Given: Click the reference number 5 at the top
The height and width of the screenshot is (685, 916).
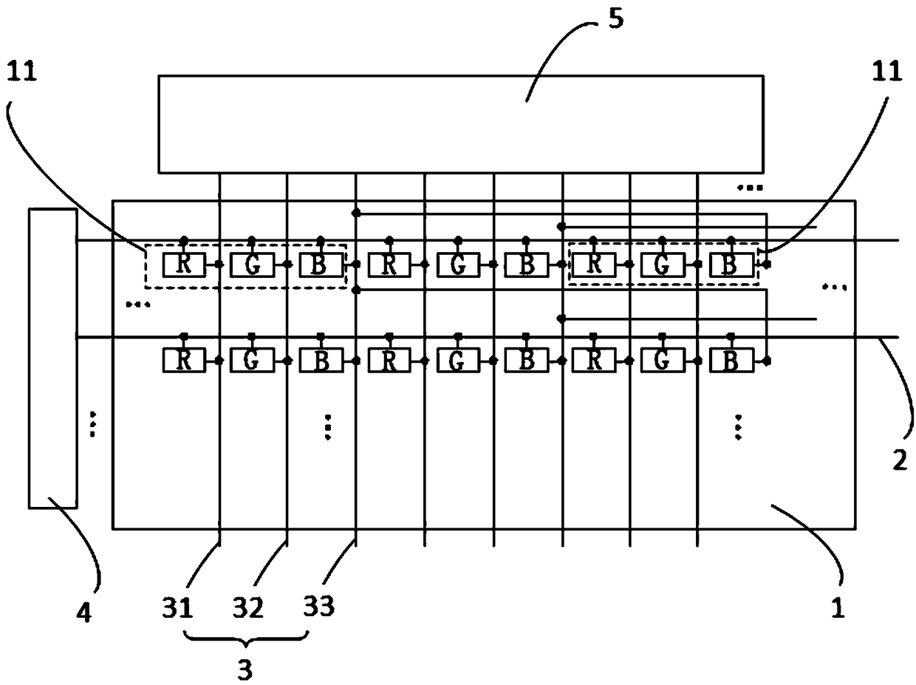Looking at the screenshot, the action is pos(616,19).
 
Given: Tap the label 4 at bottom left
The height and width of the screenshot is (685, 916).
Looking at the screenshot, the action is pos(84,613).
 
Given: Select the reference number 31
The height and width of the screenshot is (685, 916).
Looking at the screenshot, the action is pos(177,607).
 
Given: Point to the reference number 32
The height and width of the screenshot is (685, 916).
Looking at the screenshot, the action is pos(248,607).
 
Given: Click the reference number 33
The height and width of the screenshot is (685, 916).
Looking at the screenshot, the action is pos(319,606).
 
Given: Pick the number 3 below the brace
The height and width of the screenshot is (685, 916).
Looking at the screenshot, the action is pos(245,670).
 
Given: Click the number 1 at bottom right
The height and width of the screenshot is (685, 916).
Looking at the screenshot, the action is pos(838,607).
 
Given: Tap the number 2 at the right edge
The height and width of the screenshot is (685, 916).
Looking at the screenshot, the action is pos(900,460).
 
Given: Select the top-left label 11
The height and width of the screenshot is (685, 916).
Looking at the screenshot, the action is pos(22,71).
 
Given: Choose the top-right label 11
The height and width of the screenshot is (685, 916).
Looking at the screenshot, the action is pos(886,71).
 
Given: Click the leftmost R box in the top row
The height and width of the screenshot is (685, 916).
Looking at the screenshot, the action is pos(184,265).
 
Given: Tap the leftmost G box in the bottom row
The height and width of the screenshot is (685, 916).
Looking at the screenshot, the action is pos(252,360).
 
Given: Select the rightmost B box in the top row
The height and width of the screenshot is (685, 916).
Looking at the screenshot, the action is pos(732,265).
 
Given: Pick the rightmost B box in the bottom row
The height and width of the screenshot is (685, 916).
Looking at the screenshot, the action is pos(732,360).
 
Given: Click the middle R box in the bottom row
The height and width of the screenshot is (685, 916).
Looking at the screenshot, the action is pos(389,360).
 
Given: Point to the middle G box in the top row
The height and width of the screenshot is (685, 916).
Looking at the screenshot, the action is pos(458,265).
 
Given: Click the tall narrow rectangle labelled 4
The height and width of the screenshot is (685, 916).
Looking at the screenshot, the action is pos(53,358).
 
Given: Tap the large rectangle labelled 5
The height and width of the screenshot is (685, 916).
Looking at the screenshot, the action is pos(461,124).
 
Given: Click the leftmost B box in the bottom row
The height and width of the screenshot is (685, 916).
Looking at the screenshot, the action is pos(321,360).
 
